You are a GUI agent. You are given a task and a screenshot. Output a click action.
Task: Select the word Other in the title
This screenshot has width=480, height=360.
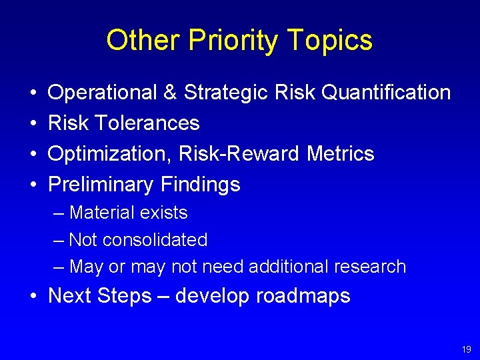point(143,41)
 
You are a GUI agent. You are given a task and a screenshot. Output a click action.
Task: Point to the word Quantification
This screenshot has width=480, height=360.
point(385,93)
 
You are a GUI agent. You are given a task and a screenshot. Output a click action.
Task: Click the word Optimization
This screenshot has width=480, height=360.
point(107,154)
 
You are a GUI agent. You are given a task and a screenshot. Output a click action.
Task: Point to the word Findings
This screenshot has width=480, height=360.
point(200,185)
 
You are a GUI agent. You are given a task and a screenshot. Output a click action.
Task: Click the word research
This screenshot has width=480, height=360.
point(373,267)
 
